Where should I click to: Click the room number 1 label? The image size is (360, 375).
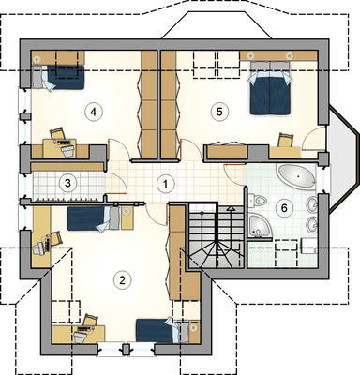pos(166,184)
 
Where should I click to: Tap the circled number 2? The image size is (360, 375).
pos(122,279)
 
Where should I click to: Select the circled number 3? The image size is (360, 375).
pos(67,183)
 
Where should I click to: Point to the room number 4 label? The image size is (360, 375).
pos(93,112)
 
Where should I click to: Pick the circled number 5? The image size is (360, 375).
pos(219,112)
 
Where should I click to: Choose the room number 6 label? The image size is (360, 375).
pos(284,208)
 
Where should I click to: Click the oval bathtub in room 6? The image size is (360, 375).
pos(297,177)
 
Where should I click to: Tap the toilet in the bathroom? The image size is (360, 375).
pos(258,200)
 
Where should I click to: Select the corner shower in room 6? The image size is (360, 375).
pos(260,226)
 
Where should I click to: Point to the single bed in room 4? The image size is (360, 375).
pos(58,77)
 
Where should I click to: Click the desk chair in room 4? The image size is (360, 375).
pos(57,133)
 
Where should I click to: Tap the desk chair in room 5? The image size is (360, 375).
pos(286,140)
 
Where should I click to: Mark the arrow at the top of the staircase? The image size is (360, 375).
pos(231,208)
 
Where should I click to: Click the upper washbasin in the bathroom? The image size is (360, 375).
pos(311,203)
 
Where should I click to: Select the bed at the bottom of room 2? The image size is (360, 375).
pos(158,330)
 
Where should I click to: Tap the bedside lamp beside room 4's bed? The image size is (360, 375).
pos(37,58)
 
